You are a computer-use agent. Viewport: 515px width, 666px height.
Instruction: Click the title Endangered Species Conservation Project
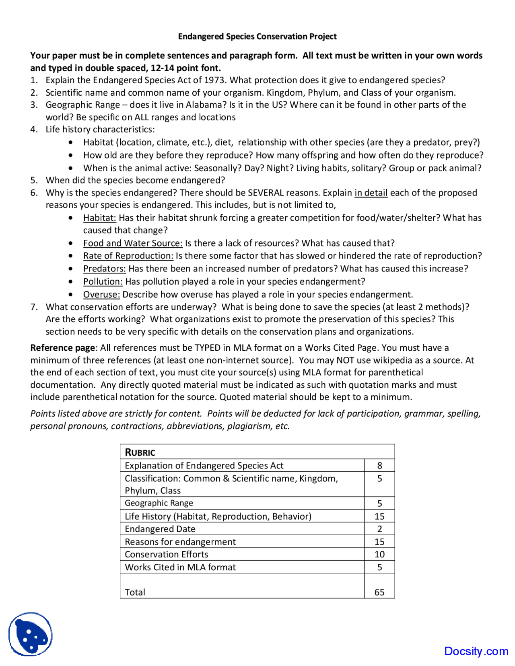tap(257, 37)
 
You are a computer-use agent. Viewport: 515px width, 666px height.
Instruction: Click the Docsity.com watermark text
tap(476, 651)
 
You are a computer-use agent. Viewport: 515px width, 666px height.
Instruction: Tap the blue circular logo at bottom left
tap(31, 634)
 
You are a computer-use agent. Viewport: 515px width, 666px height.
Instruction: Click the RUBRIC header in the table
tap(140, 452)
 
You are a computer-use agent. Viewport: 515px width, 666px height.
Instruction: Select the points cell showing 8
tap(379, 466)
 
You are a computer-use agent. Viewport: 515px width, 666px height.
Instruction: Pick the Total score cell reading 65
tap(379, 592)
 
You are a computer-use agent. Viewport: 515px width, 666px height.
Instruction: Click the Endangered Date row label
tap(160, 529)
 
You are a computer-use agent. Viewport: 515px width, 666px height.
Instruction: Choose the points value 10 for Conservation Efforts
tap(379, 554)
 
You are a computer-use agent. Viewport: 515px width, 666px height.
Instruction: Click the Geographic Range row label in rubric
tap(159, 503)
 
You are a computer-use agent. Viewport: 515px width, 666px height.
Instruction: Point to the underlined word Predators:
tap(105, 269)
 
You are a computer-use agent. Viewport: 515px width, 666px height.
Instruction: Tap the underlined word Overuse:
tap(101, 294)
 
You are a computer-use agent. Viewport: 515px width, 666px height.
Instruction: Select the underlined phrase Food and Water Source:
tap(133, 243)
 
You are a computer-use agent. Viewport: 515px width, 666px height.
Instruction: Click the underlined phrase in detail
tap(371, 193)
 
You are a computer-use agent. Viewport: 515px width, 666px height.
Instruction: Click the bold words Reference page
tap(63, 348)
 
